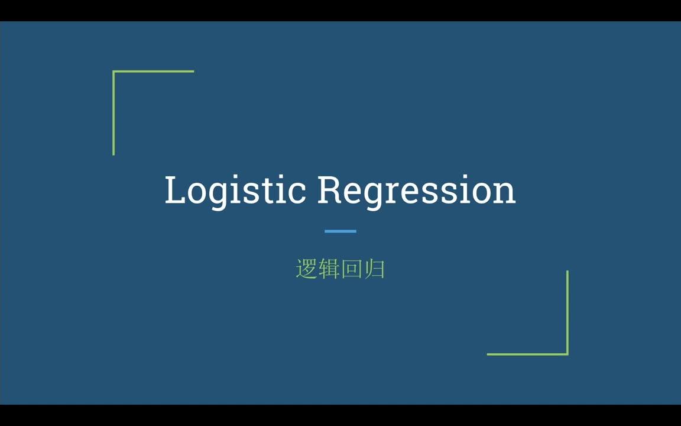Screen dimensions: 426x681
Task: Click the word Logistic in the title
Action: tap(235, 191)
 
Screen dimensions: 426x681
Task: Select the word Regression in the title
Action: tap(416, 191)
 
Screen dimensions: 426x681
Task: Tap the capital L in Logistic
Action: tap(176, 191)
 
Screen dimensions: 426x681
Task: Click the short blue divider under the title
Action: tap(340, 231)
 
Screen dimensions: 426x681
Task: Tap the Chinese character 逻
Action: tap(306, 269)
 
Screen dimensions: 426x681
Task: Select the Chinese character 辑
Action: tap(329, 269)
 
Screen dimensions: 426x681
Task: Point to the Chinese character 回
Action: tap(351, 269)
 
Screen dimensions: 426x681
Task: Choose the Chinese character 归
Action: tap(374, 269)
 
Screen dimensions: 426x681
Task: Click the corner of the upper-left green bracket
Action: tap(113, 72)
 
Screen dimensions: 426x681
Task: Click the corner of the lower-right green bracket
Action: tap(567, 354)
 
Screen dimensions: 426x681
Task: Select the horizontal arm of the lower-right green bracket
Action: tap(526, 354)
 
